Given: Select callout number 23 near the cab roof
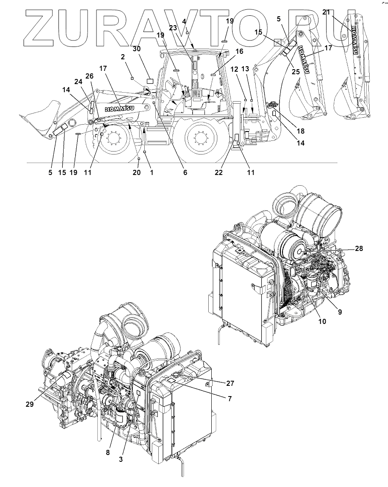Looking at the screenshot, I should [173, 27].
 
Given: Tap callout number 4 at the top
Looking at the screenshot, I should [184, 21].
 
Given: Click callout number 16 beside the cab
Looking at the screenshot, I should [239, 51].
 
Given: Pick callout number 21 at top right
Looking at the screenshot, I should [326, 12].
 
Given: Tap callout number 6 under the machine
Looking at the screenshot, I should [185, 172].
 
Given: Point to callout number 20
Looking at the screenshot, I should [136, 172].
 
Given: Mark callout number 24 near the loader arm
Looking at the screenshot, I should [78, 81].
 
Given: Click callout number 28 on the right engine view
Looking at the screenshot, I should [359, 248].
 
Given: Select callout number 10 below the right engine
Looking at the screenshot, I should [322, 321].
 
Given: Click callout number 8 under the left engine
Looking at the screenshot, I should [108, 452].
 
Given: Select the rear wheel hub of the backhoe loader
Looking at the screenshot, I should [200, 138].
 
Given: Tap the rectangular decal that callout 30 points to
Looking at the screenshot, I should [150, 80].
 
